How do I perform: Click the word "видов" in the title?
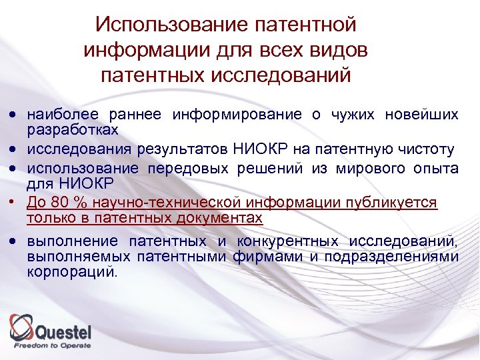[x=339, y=50]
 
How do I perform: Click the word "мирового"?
[x=363, y=169]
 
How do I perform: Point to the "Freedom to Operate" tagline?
[x=53, y=345]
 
